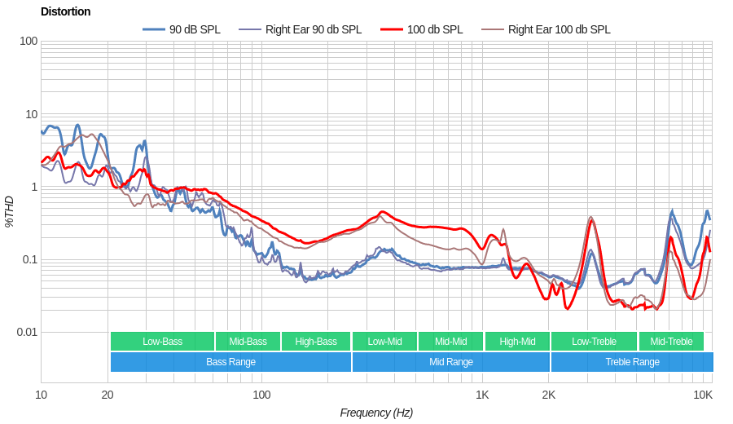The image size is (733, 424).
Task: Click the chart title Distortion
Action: (65, 11)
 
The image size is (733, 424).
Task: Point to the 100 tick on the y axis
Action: (29, 42)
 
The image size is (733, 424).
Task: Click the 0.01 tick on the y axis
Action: (27, 332)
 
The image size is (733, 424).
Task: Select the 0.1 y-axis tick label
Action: (29, 259)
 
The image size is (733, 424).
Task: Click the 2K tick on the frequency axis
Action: (549, 395)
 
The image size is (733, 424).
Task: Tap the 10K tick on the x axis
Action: (703, 395)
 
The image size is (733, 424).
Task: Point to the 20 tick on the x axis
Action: (108, 395)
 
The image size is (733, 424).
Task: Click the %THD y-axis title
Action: (10, 211)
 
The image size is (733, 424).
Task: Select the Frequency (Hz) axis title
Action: (376, 413)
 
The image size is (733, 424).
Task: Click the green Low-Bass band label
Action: (162, 342)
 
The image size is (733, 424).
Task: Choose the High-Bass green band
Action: (316, 342)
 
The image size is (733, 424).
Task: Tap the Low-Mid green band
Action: (384, 342)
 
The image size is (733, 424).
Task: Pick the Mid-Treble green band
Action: (671, 342)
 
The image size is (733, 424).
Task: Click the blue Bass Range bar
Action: (230, 362)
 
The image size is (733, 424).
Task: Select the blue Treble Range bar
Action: (632, 362)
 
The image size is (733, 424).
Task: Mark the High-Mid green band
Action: (517, 342)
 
